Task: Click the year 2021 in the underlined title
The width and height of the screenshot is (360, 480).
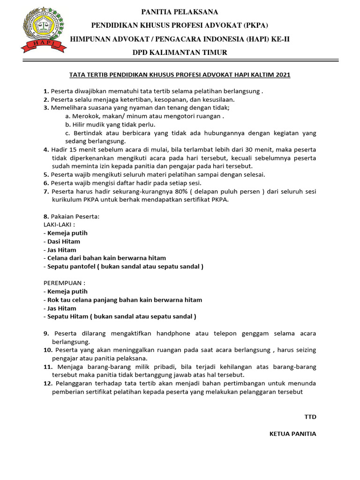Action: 283,75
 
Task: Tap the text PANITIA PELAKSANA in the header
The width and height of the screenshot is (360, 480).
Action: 180,12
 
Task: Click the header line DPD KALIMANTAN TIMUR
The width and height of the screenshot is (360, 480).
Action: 180,52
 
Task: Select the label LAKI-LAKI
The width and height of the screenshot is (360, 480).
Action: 59,225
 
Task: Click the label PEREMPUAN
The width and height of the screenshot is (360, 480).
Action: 65,283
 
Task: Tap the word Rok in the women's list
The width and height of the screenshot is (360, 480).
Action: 53,300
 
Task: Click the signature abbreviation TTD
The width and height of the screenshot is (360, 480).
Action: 310,416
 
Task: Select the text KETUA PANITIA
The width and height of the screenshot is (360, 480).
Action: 292,434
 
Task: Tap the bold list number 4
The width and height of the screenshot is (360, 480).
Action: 45,150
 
